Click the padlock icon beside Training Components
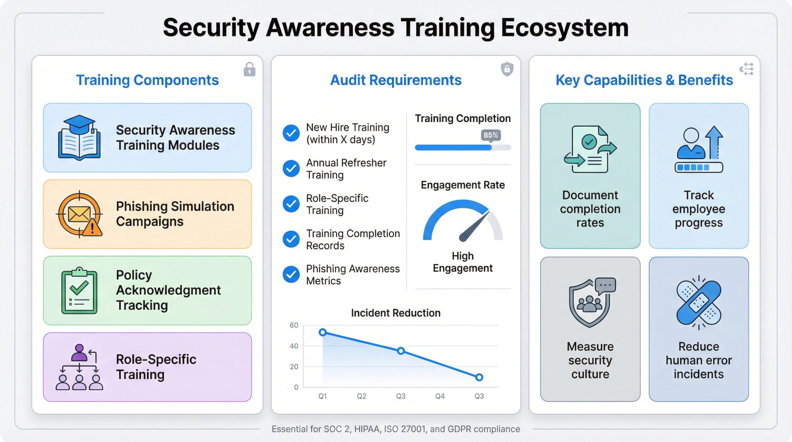(249, 69)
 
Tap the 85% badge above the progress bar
(491, 135)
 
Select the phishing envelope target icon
(79, 214)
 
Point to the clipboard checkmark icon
(79, 291)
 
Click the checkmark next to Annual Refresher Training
(291, 169)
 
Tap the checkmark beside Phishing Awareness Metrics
(291, 274)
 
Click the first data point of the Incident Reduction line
(323, 332)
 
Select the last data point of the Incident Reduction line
(479, 377)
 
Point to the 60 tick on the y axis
(294, 326)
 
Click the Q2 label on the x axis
(362, 396)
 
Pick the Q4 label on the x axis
(440, 396)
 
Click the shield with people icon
(590, 303)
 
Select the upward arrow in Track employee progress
(714, 141)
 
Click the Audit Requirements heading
(396, 80)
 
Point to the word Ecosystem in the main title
(565, 28)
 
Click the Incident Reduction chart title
(396, 313)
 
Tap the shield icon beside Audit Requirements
(507, 69)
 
